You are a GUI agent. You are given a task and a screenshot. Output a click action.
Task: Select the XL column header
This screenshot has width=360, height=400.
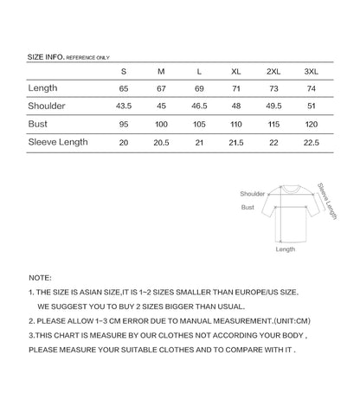[236, 71]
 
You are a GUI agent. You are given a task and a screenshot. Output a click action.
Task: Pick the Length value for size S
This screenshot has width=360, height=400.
[124, 88]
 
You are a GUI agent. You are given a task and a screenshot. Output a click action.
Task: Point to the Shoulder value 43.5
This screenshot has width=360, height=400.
[124, 106]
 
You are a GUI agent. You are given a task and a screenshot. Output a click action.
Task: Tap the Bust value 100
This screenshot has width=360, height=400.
[161, 124]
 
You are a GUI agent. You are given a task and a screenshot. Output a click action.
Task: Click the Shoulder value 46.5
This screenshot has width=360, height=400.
[199, 106]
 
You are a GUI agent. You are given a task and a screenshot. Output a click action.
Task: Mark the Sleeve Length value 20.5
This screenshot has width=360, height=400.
[161, 142]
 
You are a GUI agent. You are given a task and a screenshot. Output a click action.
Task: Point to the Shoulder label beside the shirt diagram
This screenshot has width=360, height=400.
[253, 194]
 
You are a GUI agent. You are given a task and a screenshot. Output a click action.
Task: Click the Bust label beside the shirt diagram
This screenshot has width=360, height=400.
[247, 208]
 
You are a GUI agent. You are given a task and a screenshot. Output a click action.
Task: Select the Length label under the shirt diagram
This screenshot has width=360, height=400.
[285, 248]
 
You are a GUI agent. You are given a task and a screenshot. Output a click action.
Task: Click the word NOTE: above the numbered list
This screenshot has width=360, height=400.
[40, 277]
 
